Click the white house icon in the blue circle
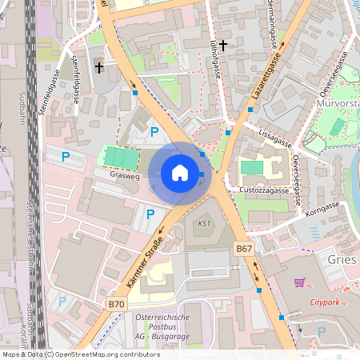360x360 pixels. coord(180,173)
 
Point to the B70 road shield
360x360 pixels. coord(117,304)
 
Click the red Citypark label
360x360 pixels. coord(325,302)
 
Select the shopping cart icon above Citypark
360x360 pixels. coord(300,282)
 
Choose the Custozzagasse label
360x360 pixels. coord(263,190)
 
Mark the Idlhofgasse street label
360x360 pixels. coord(214,61)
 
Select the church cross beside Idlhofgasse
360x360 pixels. coord(223,46)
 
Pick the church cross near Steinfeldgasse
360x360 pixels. coord(99,67)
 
